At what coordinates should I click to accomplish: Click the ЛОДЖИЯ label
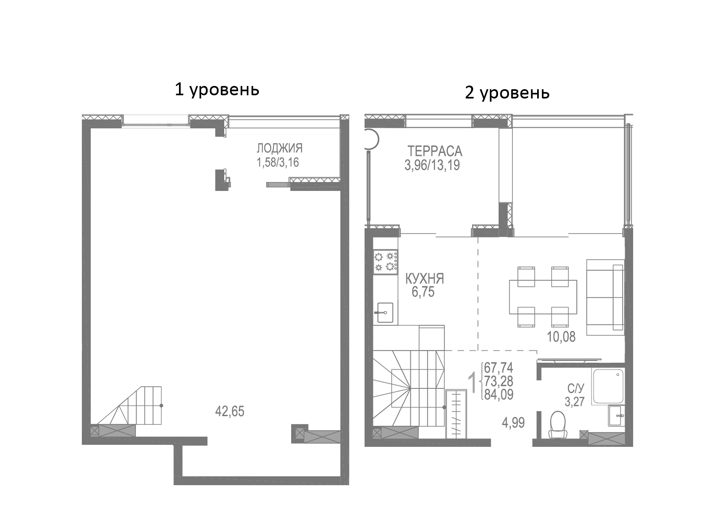tap(279, 149)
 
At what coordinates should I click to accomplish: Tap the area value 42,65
tap(230, 412)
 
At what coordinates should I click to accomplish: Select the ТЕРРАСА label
tap(435, 151)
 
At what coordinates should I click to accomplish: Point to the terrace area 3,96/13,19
tap(432, 165)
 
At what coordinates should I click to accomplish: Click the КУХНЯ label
tap(425, 279)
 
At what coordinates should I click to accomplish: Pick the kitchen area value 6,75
tap(423, 292)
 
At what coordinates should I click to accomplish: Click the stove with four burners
tap(386, 262)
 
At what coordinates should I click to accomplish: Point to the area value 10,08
tap(561, 337)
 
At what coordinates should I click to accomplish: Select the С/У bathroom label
tap(576, 389)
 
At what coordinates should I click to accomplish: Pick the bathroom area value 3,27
tap(575, 402)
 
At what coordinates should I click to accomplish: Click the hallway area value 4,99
tap(513, 423)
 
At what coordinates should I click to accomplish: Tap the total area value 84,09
tap(499, 394)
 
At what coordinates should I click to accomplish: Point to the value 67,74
tap(499, 368)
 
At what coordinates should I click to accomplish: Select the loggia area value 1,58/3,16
tap(278, 163)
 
